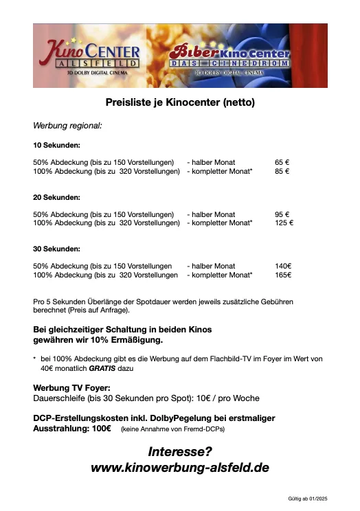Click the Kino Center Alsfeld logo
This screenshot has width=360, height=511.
pos(92,56)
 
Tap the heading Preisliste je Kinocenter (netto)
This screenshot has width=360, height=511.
pos(180,103)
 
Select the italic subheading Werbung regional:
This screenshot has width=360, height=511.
pos(67,126)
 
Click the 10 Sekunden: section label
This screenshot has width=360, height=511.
pos(57,146)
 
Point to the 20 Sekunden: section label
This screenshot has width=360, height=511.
pos(57,197)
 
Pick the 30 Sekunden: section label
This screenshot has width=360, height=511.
pos(57,249)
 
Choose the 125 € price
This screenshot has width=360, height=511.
pos(283,223)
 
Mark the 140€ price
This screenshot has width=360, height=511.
pos(283,266)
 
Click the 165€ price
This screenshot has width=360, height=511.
pos(283,275)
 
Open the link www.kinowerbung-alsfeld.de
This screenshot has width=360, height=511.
pos(180,468)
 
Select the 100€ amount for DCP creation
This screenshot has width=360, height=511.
pos(100,427)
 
